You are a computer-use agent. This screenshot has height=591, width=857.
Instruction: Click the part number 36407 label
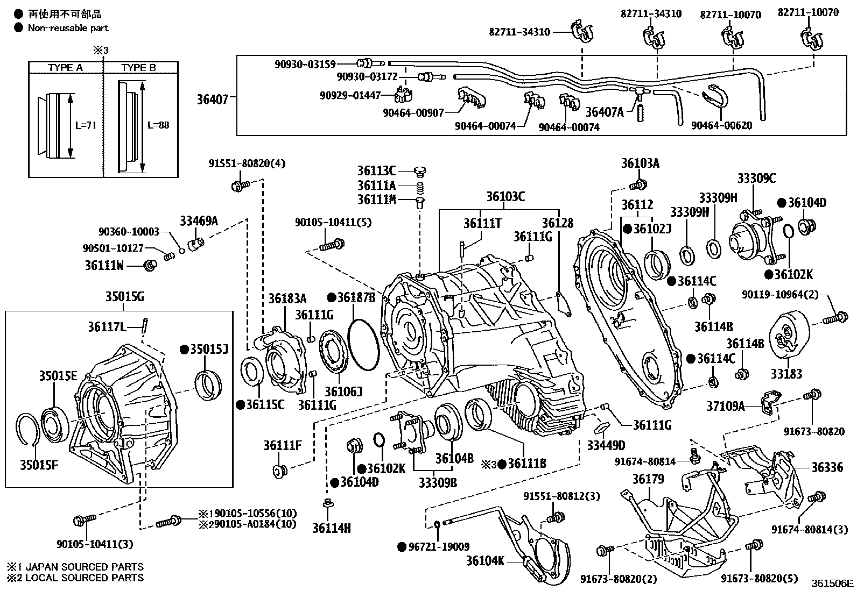coord(214,99)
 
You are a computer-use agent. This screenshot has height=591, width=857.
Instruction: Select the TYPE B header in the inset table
coord(138,67)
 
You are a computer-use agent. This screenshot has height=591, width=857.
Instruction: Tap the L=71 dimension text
coord(86,125)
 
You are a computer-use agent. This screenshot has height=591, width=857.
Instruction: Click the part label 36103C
coord(505,197)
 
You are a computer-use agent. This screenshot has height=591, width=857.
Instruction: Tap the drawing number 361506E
coord(833,583)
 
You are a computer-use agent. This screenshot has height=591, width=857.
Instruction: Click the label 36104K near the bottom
coord(485,561)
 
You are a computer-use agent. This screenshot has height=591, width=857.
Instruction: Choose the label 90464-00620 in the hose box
coord(721,125)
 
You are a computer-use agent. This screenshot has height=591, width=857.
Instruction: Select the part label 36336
coord(827,467)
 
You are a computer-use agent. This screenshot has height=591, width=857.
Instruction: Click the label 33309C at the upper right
coord(756,179)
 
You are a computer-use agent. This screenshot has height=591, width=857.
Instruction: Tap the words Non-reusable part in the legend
coord(68,28)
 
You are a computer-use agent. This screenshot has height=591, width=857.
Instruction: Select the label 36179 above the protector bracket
coord(648,479)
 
